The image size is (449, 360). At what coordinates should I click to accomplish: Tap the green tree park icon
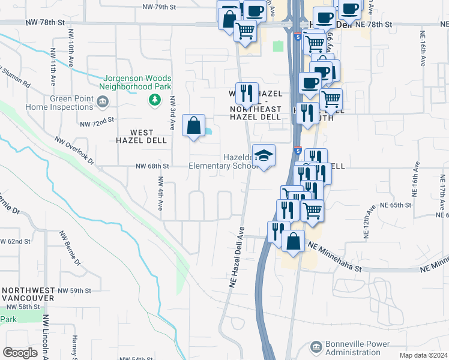pyautogui.click(x=155, y=99)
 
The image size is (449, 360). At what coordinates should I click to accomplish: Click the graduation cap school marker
pyautogui.click(x=263, y=156)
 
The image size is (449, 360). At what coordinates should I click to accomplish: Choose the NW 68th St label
pyautogui.click(x=152, y=166)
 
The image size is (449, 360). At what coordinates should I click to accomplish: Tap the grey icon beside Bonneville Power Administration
pyautogui.click(x=316, y=347)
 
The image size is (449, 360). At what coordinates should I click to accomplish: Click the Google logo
pyautogui.click(x=20, y=353)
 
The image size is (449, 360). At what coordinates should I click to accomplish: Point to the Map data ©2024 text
pyautogui.click(x=423, y=355)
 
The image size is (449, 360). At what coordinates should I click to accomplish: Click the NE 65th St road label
pyautogui.click(x=396, y=205)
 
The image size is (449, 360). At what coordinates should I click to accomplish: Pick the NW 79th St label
pyautogui.click(x=158, y=7)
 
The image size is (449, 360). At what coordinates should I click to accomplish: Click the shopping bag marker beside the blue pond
pyautogui.click(x=193, y=127)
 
